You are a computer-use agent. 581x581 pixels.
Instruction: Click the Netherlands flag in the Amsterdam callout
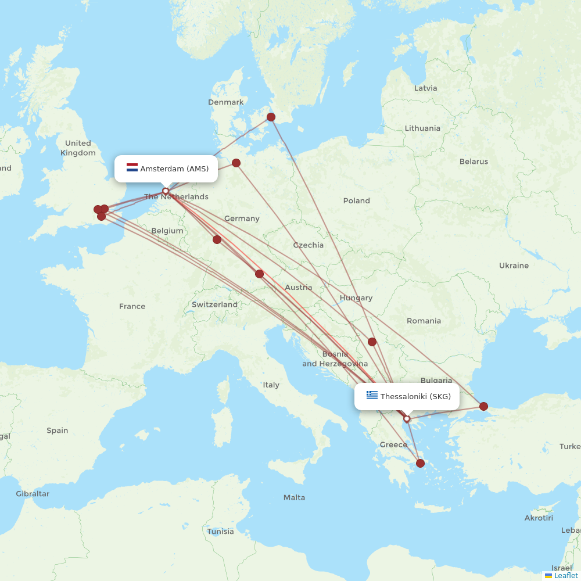pyautogui.click(x=132, y=168)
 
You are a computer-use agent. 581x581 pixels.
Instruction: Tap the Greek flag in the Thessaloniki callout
pyautogui.click(x=372, y=396)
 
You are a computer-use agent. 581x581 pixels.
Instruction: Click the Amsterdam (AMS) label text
pyautogui.click(x=174, y=168)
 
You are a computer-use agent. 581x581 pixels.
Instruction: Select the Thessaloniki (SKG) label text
pyautogui.click(x=415, y=396)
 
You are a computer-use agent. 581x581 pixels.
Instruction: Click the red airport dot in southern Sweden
pyautogui.click(x=271, y=117)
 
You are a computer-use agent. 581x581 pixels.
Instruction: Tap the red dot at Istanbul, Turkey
pyautogui.click(x=483, y=406)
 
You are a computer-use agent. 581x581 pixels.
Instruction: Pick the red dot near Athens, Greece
pyautogui.click(x=420, y=463)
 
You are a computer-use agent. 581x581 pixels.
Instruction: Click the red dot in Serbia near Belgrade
pyautogui.click(x=372, y=342)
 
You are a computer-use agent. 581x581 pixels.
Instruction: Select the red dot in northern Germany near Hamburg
pyautogui.click(x=236, y=163)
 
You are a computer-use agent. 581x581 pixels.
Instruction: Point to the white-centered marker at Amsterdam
pyautogui.click(x=166, y=191)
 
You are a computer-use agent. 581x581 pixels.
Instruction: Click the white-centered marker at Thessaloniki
pyautogui.click(x=407, y=418)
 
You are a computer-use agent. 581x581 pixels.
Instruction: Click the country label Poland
pyautogui.click(x=356, y=200)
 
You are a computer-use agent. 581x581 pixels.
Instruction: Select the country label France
pyautogui.click(x=132, y=306)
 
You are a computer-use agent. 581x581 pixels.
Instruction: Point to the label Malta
pyautogui.click(x=294, y=497)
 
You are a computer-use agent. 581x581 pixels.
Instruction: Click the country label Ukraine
pyautogui.click(x=514, y=266)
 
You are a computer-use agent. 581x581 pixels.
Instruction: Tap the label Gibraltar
pyautogui.click(x=33, y=494)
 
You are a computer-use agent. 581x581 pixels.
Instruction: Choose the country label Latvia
pyautogui.click(x=425, y=88)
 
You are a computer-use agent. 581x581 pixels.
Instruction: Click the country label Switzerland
pyautogui.click(x=214, y=304)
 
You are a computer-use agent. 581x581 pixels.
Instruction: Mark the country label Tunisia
pyautogui.click(x=220, y=531)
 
